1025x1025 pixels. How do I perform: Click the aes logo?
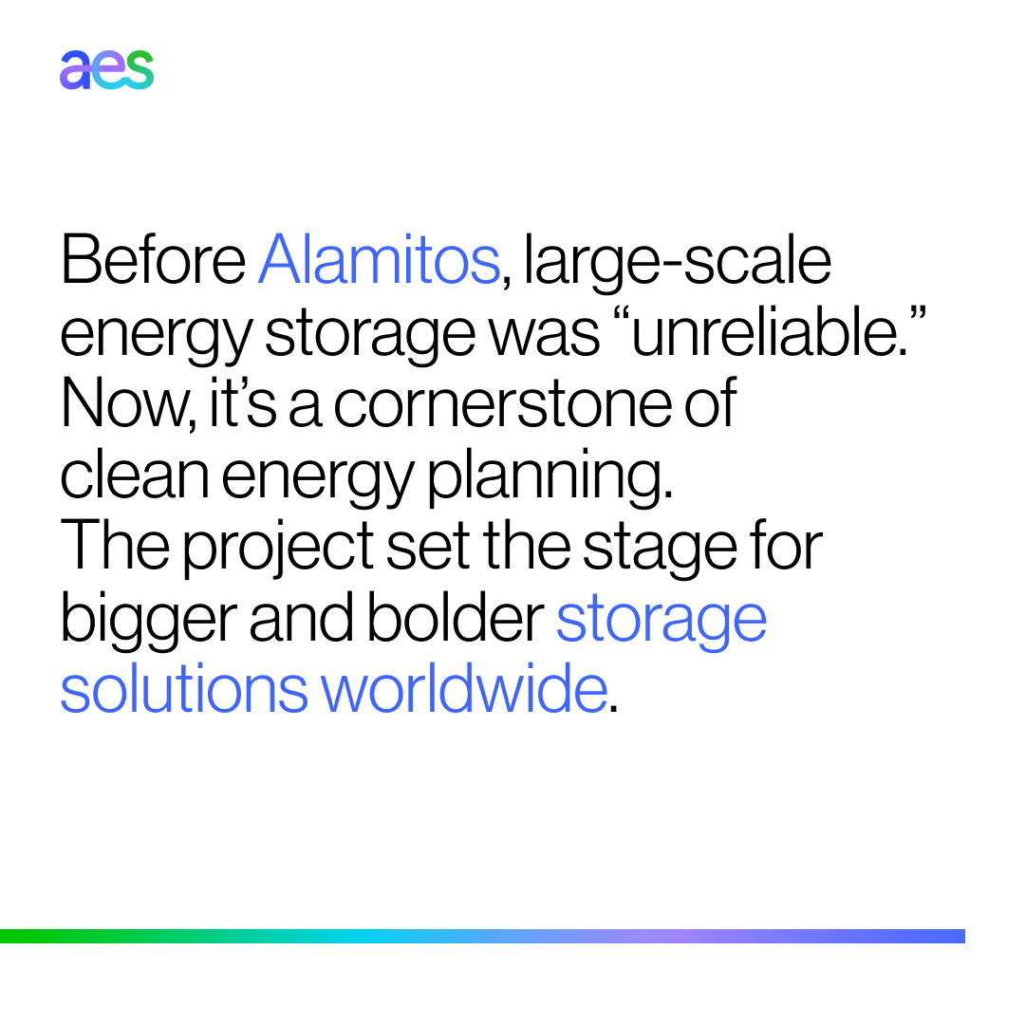point(106,71)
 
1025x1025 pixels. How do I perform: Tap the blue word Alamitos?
point(378,259)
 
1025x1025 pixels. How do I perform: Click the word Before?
point(153,259)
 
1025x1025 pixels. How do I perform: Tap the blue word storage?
point(661,620)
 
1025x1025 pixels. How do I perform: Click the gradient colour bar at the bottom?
point(482,936)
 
